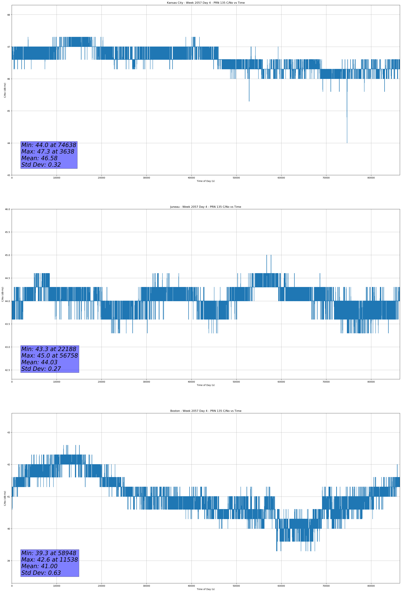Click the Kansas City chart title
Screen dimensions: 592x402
[206, 3]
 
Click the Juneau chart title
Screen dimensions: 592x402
[206, 207]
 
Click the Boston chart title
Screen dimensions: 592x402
[206, 411]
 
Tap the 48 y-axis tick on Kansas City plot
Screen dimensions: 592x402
[8, 15]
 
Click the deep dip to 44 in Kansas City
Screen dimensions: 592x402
[347, 141]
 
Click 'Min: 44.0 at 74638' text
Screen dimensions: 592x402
[49, 145]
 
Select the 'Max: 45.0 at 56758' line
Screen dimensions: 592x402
[49, 356]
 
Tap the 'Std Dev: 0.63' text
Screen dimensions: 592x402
[41, 573]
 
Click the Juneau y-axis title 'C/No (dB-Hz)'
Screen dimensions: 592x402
[3, 294]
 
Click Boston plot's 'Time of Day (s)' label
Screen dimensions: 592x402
[206, 589]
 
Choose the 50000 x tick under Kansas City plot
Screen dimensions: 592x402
[236, 178]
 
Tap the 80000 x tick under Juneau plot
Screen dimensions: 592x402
[371, 382]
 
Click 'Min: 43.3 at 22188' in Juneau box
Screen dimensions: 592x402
[49, 349]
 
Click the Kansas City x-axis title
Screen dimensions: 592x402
[206, 181]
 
